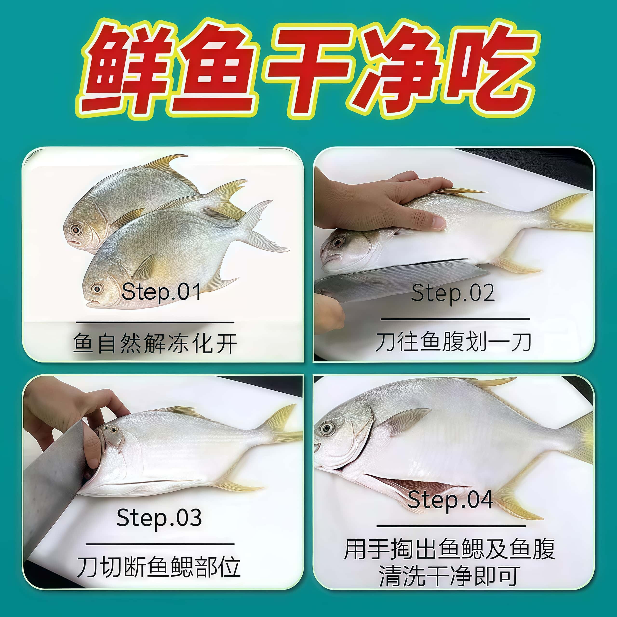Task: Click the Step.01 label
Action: (161, 292)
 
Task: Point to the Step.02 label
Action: (453, 293)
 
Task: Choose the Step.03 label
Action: (159, 518)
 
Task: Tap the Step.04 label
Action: (450, 500)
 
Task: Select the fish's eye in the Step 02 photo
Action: (338, 242)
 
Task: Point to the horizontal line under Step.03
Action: (160, 544)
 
